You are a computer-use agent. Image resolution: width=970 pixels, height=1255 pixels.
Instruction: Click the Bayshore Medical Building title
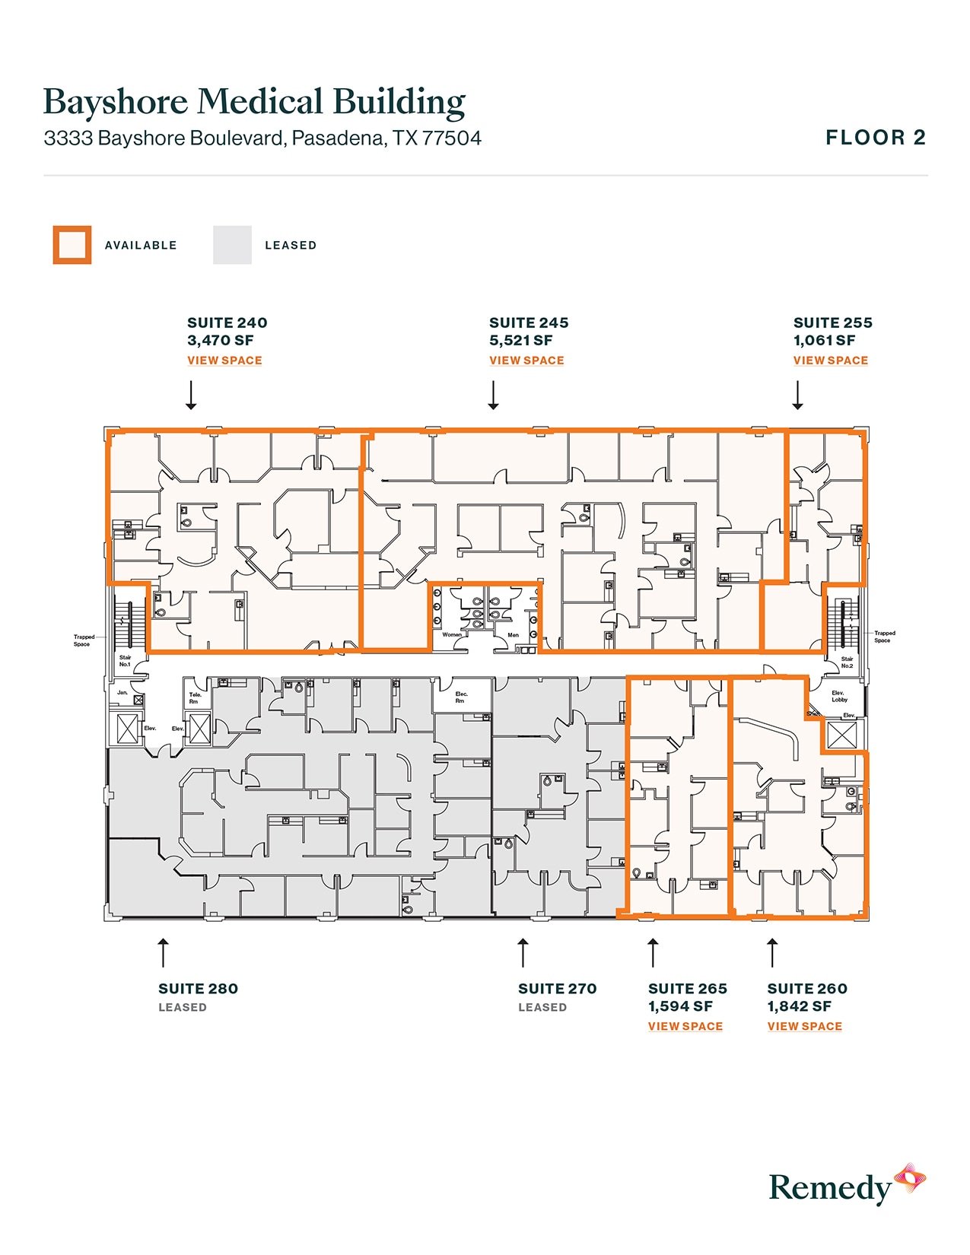click(x=254, y=102)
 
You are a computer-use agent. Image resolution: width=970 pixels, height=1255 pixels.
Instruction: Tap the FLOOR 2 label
click(x=876, y=138)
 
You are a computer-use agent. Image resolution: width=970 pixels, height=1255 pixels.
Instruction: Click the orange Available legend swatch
click(x=72, y=245)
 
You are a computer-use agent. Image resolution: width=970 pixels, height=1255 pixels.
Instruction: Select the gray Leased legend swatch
click(x=232, y=245)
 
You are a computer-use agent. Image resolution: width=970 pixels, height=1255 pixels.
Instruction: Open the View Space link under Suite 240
click(x=224, y=361)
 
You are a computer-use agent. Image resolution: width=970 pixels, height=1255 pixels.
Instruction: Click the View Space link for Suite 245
click(x=526, y=361)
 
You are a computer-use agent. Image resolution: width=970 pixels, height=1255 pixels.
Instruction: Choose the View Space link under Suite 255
click(x=830, y=361)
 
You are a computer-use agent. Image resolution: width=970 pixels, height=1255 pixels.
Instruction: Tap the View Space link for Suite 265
click(x=685, y=1026)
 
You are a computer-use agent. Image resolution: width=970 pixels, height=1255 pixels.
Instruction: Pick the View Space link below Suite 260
click(x=804, y=1026)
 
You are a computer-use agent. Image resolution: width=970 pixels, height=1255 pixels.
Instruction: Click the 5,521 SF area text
click(x=521, y=341)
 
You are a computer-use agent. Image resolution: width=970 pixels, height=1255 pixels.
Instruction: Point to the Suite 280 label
click(x=198, y=989)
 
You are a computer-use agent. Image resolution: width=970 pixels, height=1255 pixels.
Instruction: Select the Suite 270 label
click(x=557, y=989)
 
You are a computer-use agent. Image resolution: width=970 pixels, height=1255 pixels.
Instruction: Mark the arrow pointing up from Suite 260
click(x=772, y=953)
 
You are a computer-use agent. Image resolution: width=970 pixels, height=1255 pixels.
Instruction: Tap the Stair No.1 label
click(x=125, y=661)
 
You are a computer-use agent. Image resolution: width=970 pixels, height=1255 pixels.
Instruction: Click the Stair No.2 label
click(x=847, y=662)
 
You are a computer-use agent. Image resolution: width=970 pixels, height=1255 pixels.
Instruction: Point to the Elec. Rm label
click(x=461, y=697)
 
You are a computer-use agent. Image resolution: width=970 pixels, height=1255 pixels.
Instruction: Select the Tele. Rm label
click(x=195, y=697)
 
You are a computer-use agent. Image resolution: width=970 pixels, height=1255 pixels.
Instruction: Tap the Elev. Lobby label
click(x=838, y=696)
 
